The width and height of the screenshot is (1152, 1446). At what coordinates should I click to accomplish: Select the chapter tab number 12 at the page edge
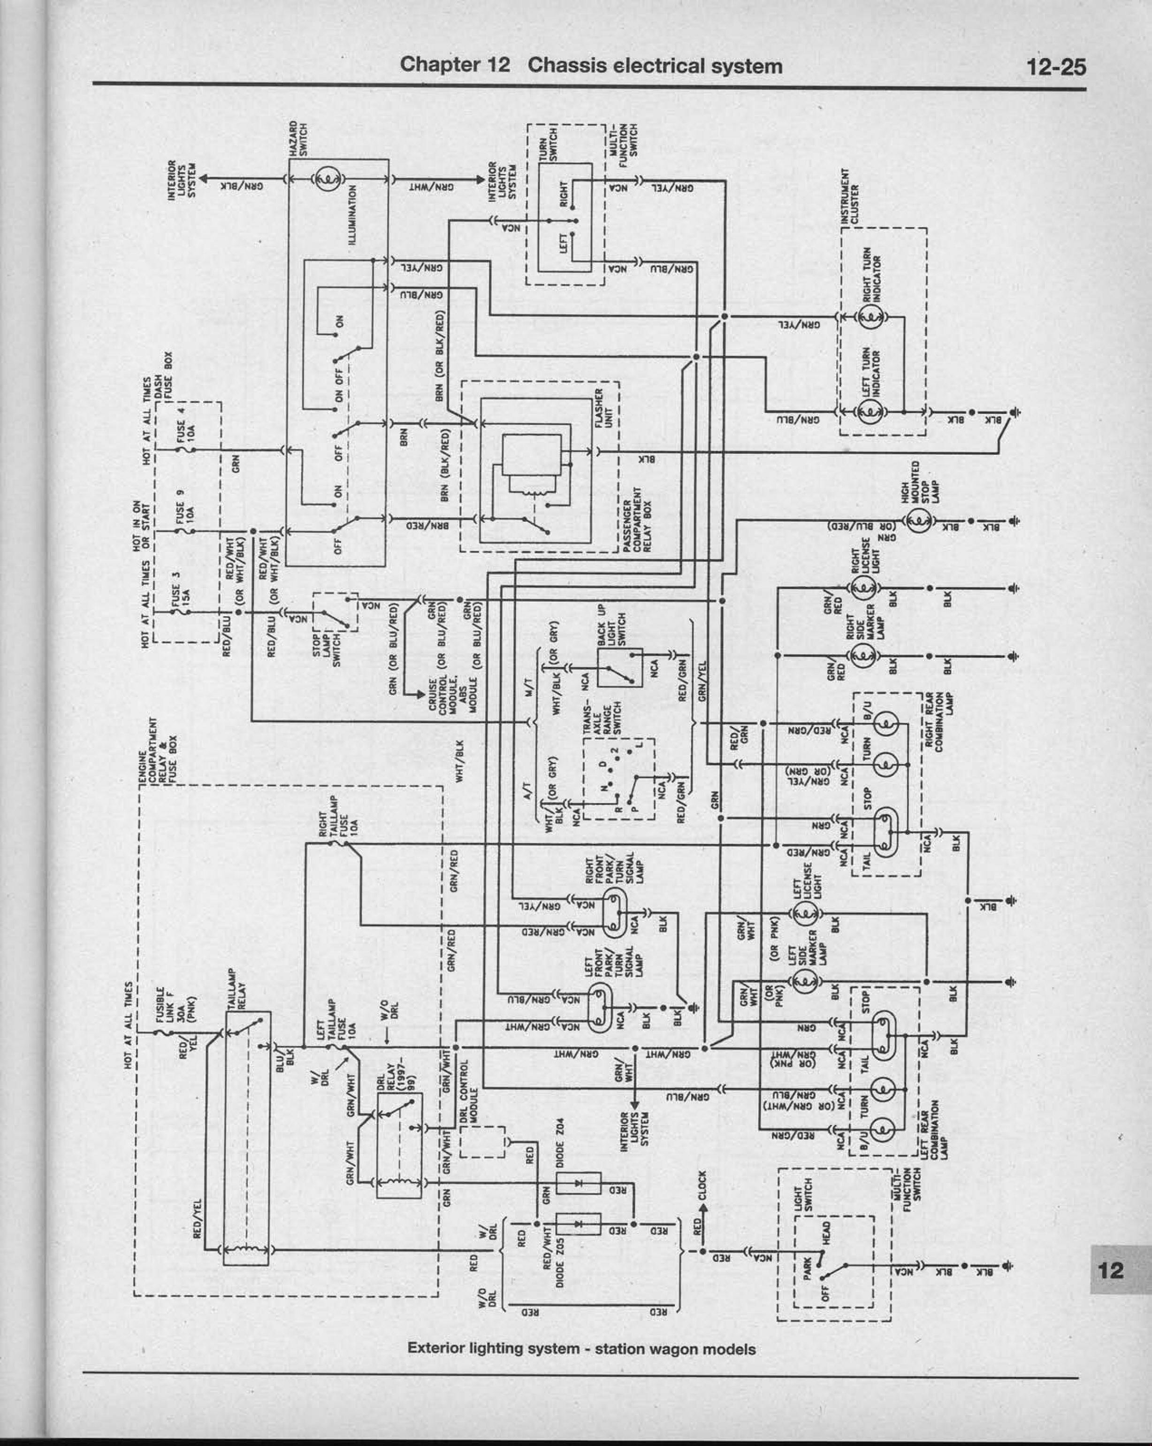[1110, 1270]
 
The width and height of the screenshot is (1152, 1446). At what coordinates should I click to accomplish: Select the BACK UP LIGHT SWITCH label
[611, 625]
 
